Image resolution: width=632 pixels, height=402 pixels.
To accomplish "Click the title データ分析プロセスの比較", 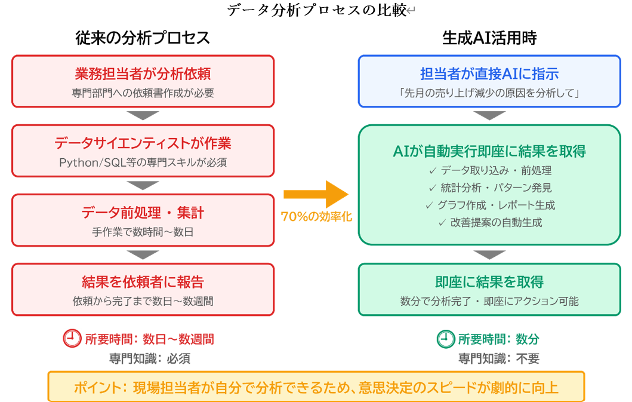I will coord(316,10).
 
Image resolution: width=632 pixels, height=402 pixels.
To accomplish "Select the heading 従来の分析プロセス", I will coord(143,38).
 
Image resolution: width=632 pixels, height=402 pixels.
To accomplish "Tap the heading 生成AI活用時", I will coord(489,38).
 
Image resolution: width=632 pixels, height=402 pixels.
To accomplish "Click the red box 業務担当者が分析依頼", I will coord(143,81).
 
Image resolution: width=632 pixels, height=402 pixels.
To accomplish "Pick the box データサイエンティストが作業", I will coord(143,151).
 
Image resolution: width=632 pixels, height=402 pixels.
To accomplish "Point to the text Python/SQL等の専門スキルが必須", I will coord(143,162).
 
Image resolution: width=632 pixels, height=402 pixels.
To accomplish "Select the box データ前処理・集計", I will coord(143,220).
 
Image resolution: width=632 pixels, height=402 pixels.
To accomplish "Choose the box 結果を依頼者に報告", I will coord(143,289).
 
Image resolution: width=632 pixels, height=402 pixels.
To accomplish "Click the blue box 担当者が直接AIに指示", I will coord(489,81).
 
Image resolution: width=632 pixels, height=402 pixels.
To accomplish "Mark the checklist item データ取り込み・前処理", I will coord(490,170).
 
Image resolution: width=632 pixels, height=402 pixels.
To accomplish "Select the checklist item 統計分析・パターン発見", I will coord(490,188).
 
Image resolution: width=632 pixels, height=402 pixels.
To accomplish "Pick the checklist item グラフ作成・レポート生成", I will coord(490,205).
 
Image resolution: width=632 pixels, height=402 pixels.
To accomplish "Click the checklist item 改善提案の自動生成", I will coord(490,222).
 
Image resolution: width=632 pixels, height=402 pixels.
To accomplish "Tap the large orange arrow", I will coord(315,194).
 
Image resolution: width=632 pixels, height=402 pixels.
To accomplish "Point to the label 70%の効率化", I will coord(316,217).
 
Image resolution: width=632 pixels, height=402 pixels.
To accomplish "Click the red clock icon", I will coord(72,339).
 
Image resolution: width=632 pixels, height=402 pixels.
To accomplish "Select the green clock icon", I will coord(445,339).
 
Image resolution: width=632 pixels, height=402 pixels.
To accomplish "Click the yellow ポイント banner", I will coord(316,387).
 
